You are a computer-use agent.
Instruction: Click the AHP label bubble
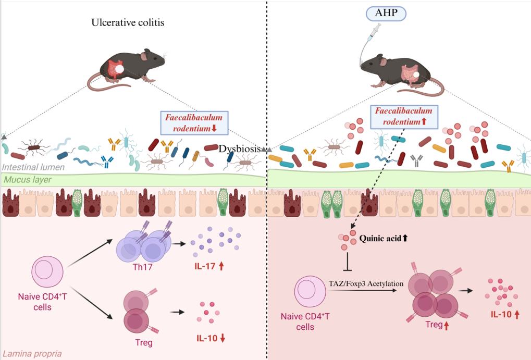(386, 14)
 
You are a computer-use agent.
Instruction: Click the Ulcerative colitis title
(128, 23)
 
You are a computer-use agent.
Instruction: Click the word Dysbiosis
(240, 148)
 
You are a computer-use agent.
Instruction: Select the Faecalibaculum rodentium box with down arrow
(194, 122)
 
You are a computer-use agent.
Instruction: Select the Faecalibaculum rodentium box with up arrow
(404, 117)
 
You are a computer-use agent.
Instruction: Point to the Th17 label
(143, 267)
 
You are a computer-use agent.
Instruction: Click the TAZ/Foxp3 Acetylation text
(366, 283)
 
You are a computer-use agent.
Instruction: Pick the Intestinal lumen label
(33, 167)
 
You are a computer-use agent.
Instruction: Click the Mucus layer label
(28, 180)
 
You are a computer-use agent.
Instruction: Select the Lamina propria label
(32, 354)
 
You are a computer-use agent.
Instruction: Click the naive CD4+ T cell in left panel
(47, 271)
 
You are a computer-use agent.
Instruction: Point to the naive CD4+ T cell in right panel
(310, 292)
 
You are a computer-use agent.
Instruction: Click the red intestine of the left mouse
(115, 69)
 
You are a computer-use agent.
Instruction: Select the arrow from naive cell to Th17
(90, 253)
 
